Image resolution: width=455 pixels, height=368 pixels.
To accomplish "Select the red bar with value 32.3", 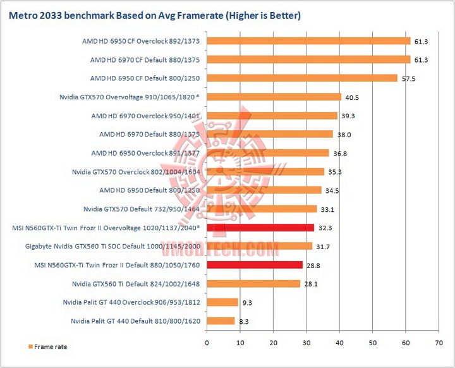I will (x=260, y=228).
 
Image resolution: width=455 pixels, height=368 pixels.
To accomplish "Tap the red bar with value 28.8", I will (x=254, y=265).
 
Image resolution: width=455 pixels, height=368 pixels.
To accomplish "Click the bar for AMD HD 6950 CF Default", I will (x=301, y=78).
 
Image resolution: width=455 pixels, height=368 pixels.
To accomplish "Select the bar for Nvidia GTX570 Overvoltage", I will (x=274, y=97).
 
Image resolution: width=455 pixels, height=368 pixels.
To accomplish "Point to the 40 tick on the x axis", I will (x=339, y=343).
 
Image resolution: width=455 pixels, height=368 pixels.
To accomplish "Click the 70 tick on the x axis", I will (x=439, y=343).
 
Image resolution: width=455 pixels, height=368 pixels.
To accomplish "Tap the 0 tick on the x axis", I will (x=207, y=343).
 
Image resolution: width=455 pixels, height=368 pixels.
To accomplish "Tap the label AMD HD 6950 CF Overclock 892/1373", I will (x=141, y=41).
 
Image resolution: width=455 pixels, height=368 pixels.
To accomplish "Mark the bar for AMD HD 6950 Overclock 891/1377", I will (x=267, y=153).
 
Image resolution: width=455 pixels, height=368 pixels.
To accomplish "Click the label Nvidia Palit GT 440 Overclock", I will (x=131, y=302).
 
